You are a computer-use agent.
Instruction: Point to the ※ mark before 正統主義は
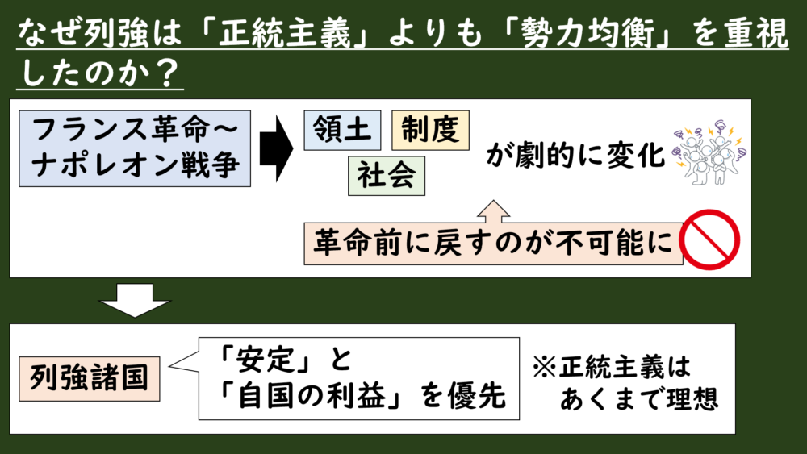547,365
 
